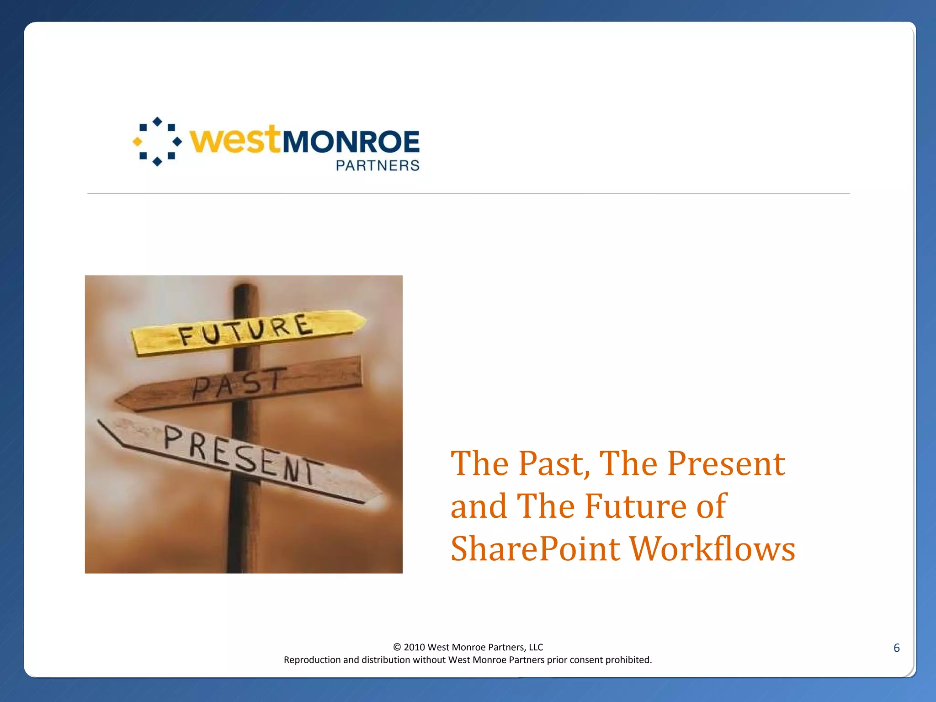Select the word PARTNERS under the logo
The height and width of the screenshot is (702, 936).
(x=378, y=165)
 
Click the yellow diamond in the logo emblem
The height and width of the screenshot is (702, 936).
(x=137, y=142)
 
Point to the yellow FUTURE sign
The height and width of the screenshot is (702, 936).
(x=247, y=330)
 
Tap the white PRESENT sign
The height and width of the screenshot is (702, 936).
(x=242, y=457)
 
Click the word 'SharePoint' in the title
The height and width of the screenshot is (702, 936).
(x=535, y=549)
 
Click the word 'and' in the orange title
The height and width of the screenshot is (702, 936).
(x=478, y=506)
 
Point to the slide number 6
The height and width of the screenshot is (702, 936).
(x=896, y=648)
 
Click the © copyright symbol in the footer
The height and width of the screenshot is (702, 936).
(x=397, y=647)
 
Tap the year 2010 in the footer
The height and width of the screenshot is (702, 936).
(x=414, y=647)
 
